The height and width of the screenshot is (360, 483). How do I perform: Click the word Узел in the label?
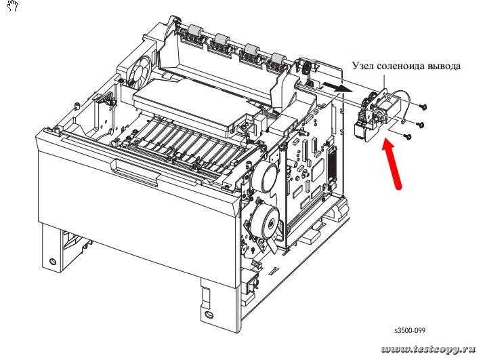coord(364,66)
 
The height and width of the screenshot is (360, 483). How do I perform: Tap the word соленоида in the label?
coord(403,66)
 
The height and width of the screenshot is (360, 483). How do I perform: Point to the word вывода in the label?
coord(446,66)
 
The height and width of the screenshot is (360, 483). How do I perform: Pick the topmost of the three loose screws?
coord(423,107)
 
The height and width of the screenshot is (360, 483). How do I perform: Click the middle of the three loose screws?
coord(418,124)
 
